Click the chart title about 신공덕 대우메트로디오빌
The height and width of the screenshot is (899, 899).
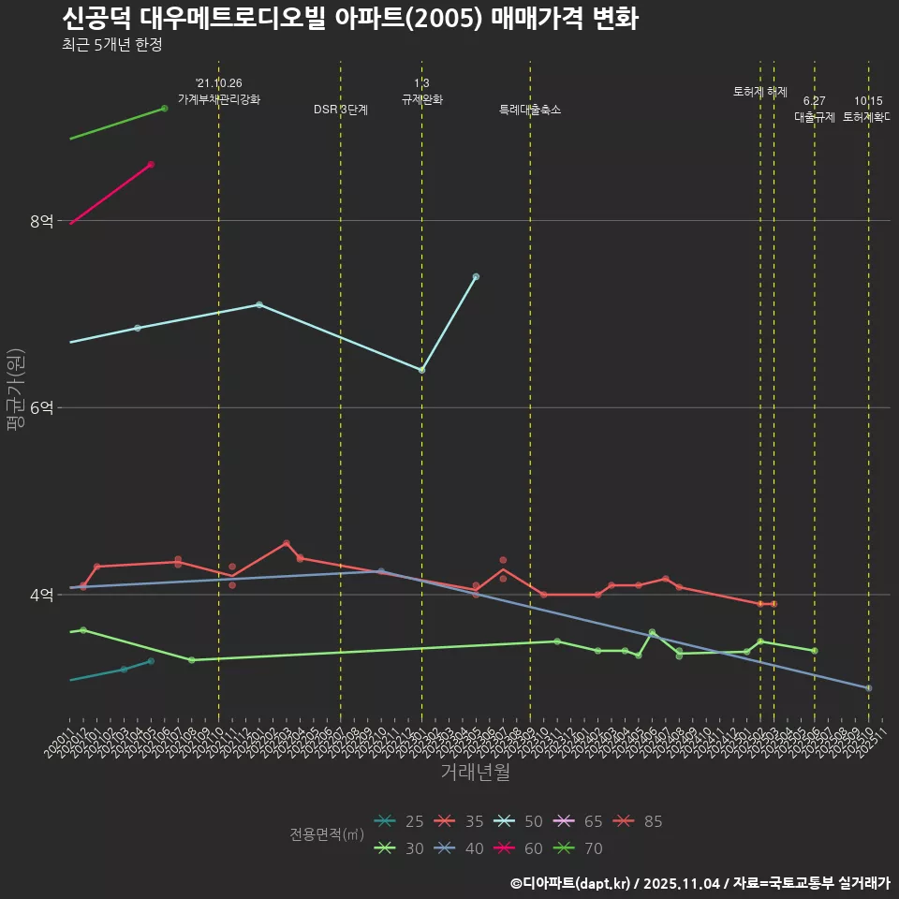350,19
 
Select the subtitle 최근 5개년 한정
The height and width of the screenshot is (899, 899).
111,45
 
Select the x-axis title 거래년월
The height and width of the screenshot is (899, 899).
475,773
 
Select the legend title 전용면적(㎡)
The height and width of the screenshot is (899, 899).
327,834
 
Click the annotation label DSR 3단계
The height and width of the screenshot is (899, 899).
341,110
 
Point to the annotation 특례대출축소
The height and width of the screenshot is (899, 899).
530,110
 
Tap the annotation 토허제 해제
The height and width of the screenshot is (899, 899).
760,92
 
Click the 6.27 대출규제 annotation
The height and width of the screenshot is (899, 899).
815,110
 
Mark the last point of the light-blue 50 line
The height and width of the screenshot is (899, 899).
476,276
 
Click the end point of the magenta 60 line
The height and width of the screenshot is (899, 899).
151,164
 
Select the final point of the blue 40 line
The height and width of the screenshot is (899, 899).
869,688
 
